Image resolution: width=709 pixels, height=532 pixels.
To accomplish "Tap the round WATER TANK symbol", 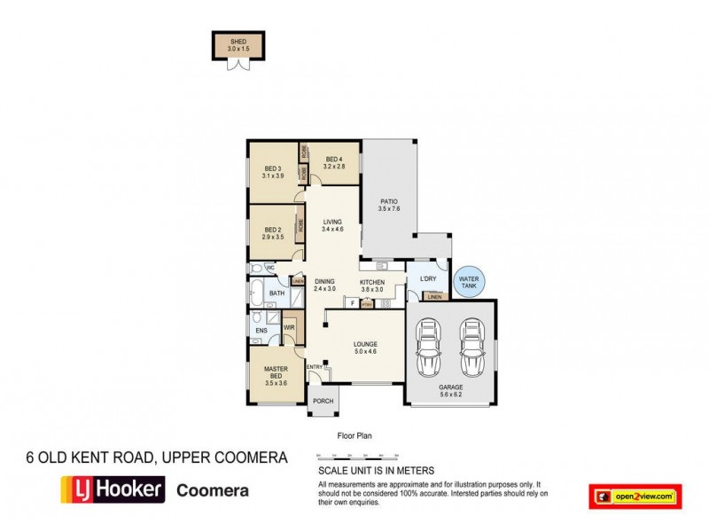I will (468, 283).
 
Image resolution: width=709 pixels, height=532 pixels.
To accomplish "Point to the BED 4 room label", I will (332, 162).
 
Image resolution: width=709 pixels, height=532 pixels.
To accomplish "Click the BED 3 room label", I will (272, 172).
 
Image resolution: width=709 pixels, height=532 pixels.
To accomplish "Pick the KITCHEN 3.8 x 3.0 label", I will (370, 286).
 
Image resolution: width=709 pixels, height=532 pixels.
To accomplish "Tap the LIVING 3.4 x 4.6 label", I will (333, 226).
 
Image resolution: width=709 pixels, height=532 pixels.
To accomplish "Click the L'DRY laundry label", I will (428, 280).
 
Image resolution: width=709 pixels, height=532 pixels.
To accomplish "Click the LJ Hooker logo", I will (112, 489).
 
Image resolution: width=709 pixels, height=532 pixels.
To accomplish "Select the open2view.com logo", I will (634, 495).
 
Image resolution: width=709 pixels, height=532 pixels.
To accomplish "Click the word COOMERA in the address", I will (253, 458).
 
